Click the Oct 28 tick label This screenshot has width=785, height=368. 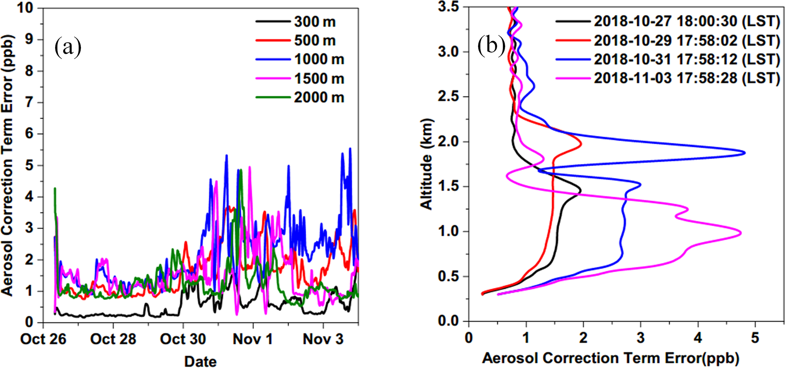click(x=113, y=339)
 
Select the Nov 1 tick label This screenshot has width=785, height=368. click(x=253, y=339)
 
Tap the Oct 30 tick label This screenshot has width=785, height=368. click(x=183, y=339)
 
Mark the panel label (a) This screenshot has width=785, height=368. click(x=68, y=47)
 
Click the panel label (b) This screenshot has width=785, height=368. click(x=491, y=46)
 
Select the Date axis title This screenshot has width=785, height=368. click(x=201, y=361)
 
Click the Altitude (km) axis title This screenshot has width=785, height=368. click(x=427, y=164)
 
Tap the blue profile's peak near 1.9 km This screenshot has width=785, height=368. click(x=744, y=153)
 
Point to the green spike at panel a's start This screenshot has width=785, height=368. click(x=55, y=188)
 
